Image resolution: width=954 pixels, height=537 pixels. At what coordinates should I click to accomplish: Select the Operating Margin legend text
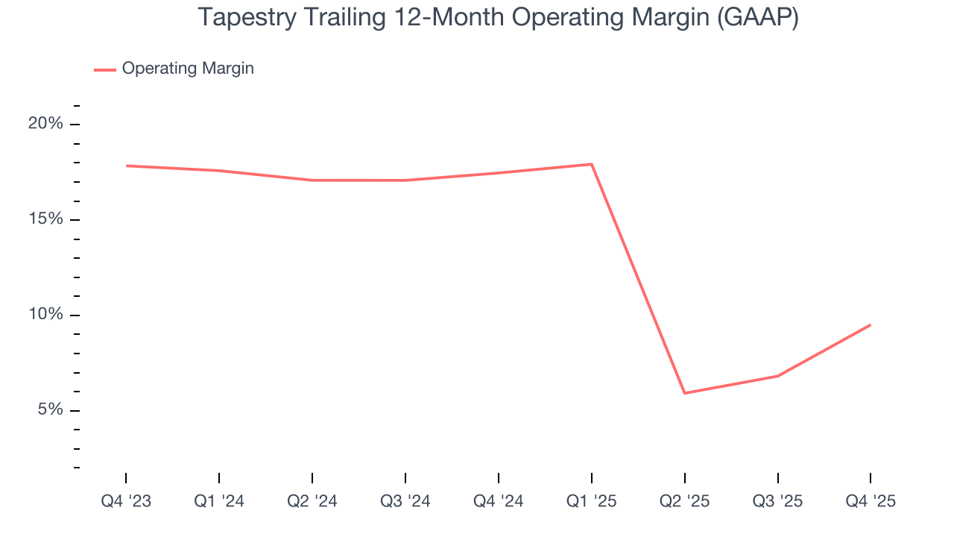pos(188,69)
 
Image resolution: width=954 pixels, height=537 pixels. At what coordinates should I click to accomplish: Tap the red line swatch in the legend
pos(104,69)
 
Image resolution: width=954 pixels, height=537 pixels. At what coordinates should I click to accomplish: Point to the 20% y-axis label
pos(45,124)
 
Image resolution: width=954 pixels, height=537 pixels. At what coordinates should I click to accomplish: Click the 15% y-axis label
pos(45,219)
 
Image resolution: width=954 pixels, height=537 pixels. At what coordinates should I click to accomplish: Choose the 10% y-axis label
pos(45,315)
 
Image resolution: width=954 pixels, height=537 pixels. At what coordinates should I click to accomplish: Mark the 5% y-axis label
pos(49,410)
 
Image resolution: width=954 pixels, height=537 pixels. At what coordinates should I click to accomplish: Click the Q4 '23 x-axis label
pos(126,501)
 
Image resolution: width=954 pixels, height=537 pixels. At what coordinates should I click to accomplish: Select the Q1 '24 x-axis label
pos(219,501)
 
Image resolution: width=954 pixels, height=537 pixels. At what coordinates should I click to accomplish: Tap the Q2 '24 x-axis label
pos(312,501)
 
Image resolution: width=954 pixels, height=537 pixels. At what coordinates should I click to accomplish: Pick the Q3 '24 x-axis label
pos(405,501)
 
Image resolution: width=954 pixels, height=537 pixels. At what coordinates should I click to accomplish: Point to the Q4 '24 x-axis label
pos(499,501)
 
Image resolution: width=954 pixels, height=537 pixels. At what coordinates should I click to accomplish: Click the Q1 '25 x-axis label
pos(592,501)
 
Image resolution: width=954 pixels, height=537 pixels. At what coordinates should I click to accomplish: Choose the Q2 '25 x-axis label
pos(685,501)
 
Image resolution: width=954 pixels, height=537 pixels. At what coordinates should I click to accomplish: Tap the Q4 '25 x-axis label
pos(871,501)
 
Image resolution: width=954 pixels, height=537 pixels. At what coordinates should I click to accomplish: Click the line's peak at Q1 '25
pos(592,164)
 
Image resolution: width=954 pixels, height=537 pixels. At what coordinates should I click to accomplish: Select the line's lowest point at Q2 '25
pos(685,393)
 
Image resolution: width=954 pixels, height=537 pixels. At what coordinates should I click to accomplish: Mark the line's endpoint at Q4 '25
pos(871,324)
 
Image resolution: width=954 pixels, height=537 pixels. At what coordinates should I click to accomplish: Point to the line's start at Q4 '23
pos(126,166)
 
